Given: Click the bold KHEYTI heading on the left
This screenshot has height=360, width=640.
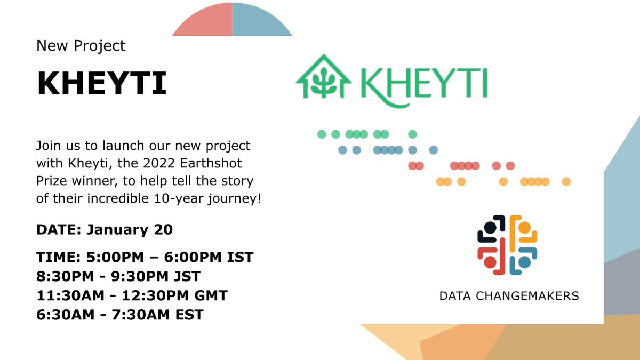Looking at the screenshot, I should click(x=101, y=84).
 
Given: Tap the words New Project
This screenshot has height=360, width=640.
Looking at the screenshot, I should click(x=81, y=46).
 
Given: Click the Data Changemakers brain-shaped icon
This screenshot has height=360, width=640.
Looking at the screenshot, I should click(x=507, y=245).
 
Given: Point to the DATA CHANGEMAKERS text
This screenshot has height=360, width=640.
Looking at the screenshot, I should click(x=509, y=295).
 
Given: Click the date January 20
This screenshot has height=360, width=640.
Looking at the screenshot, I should click(x=130, y=230).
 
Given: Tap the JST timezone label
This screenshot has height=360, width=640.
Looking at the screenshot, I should click(x=188, y=277).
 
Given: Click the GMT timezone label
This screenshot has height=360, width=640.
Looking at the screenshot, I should click(x=211, y=295).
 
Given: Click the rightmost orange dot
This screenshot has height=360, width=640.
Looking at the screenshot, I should click(x=566, y=182).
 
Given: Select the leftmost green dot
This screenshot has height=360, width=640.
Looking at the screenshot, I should click(x=322, y=134).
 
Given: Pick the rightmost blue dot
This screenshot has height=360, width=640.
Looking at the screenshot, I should click(x=434, y=150).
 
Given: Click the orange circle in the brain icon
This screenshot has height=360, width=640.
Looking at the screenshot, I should click(x=525, y=228).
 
